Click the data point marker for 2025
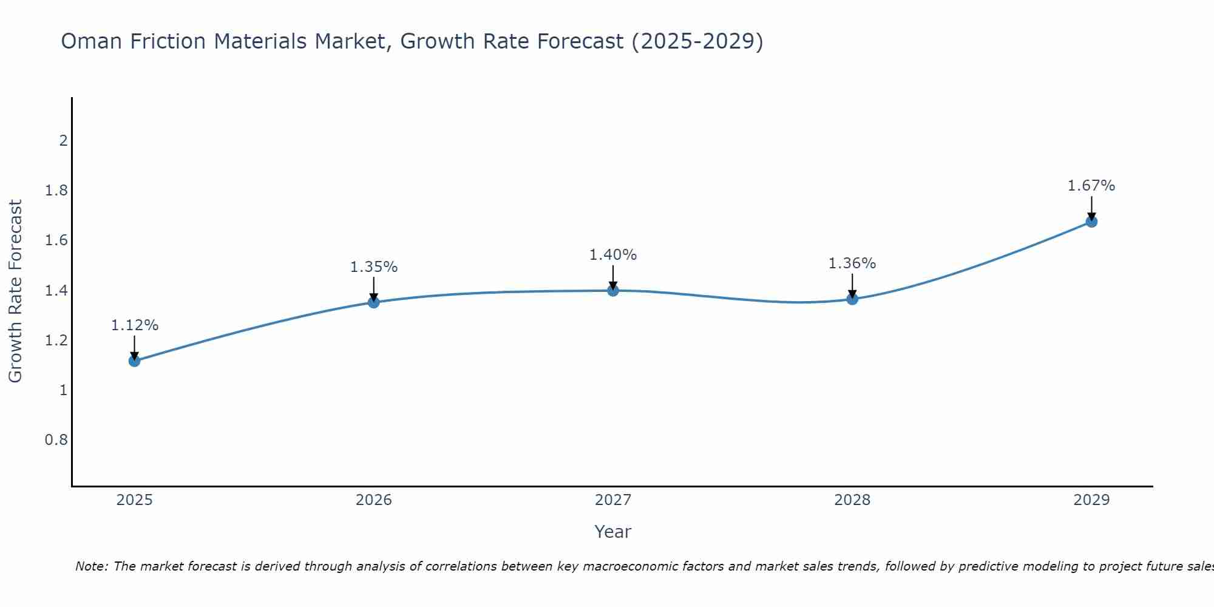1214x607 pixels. [134, 361]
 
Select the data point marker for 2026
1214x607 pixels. [373, 302]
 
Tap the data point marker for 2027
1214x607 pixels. [612, 290]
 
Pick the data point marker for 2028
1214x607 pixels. [852, 299]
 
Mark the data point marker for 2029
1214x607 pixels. [1091, 222]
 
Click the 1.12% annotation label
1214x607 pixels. [134, 325]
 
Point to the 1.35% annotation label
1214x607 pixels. [373, 267]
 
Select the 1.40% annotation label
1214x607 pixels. [612, 255]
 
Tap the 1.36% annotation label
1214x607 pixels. [852, 263]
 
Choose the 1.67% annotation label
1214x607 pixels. [1091, 186]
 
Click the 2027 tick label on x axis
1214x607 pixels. [612, 500]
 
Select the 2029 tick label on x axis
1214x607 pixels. [1091, 500]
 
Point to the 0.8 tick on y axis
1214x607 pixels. [56, 439]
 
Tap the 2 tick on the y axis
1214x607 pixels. [63, 141]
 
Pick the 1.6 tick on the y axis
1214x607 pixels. [56, 240]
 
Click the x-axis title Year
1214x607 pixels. [612, 532]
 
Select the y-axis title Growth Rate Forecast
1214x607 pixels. [15, 291]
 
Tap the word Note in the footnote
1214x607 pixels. [91, 566]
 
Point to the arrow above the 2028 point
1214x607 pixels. [852, 285]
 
